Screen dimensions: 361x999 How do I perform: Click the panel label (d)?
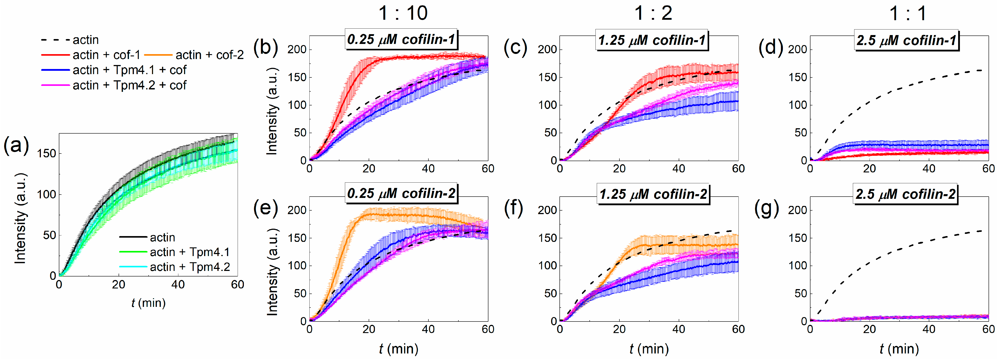click(x=770, y=48)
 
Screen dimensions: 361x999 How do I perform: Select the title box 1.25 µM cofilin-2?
click(x=653, y=194)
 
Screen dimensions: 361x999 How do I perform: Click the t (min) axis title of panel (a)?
click(x=148, y=303)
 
